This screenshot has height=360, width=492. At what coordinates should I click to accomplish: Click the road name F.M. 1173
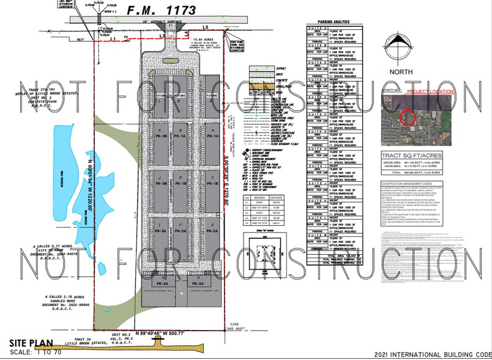point(162,10)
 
